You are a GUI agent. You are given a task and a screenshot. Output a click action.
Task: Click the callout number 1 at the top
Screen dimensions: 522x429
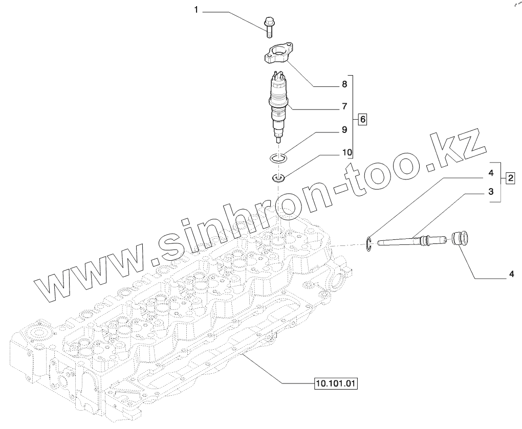196,10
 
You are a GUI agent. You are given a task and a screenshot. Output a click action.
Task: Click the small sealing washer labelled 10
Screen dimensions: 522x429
278,178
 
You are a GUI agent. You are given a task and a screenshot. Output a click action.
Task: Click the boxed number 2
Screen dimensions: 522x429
510,178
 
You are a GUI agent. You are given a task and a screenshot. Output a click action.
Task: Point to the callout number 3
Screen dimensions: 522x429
490,192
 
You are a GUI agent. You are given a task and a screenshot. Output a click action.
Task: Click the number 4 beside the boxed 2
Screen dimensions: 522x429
490,173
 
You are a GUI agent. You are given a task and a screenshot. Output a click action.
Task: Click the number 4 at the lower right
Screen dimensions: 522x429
510,275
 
